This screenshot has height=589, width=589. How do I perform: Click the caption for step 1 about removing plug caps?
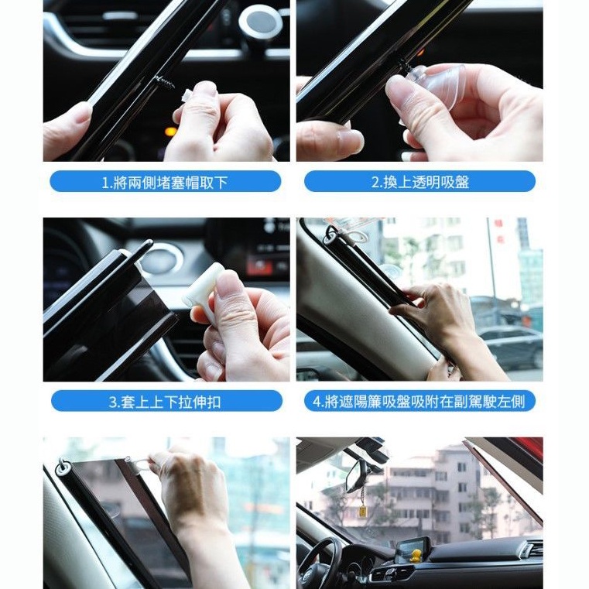click(x=166, y=181)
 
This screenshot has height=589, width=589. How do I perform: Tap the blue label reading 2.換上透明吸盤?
click(x=419, y=181)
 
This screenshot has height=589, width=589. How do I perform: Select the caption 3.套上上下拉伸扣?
click(x=166, y=401)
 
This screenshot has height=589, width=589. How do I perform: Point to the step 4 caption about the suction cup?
click(x=419, y=401)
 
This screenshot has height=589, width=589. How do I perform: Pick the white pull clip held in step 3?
click(x=201, y=285)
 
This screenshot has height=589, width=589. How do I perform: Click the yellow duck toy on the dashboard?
click(x=415, y=556)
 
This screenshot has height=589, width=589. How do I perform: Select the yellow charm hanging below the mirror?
click(x=363, y=512)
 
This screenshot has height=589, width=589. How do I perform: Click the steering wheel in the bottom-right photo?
click(x=319, y=563)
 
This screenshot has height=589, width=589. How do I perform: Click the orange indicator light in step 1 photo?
click(x=171, y=131)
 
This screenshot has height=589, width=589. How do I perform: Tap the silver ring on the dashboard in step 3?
click(x=163, y=259)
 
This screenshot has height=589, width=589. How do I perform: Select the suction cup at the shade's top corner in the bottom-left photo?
click(x=64, y=467)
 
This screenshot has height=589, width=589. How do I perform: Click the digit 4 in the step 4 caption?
click(x=317, y=402)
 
